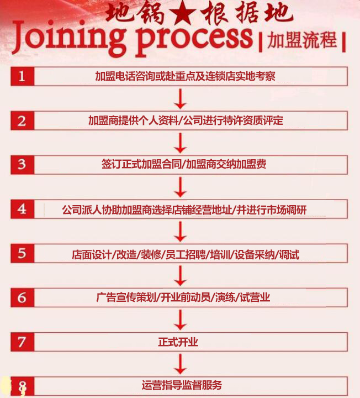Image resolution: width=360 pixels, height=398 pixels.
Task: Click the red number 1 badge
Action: [22, 76]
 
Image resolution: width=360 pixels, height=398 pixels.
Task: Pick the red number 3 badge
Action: [22, 165]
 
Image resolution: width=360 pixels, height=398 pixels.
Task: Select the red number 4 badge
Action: [22, 209]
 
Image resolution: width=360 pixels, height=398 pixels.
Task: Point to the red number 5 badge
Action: [22, 253]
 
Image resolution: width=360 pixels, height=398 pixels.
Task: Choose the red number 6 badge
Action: [22, 297]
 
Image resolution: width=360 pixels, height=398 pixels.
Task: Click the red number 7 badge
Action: [22, 342]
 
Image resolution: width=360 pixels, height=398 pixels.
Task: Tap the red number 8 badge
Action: [22, 385]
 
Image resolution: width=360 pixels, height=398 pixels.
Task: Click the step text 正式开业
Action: [178, 342]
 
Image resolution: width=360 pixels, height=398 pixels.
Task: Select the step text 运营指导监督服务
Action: [182, 385]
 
